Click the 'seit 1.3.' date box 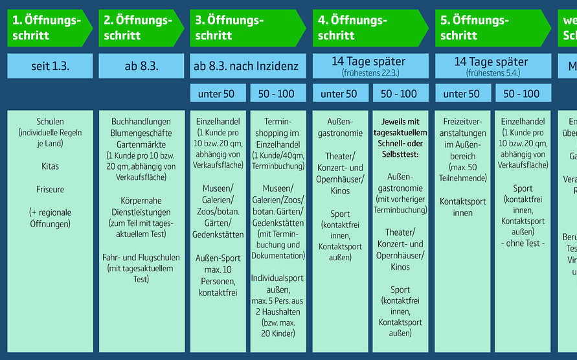[50, 66]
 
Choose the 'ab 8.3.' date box [141, 66]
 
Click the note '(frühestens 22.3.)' [370, 73]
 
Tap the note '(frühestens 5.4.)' [492, 73]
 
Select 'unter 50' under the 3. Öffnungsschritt [216, 94]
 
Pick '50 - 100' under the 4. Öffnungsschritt [399, 94]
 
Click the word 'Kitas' [50, 166]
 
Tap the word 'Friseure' [50, 190]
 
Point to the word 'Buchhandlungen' [141, 121]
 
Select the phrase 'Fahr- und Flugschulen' [141, 257]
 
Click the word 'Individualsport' [277, 278]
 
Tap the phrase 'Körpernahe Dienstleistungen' [141, 206]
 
